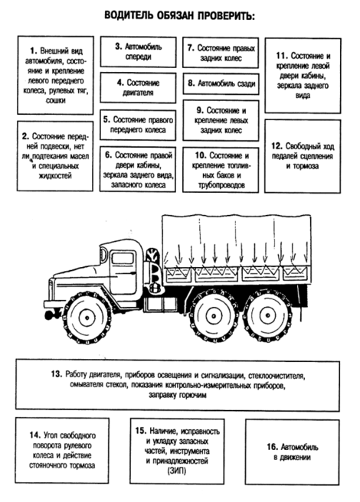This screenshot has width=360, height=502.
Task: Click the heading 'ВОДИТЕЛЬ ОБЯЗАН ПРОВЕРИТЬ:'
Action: tap(180, 15)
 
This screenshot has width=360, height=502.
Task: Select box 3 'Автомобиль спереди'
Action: tap(138, 52)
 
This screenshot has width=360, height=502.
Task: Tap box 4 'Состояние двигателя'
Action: tap(138, 88)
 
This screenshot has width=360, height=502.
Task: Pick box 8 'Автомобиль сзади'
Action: tap(221, 83)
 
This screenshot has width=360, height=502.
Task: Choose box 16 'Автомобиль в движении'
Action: tap(293, 452)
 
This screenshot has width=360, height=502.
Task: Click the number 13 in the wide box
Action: tap(56, 374)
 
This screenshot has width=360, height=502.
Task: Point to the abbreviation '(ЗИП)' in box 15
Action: tap(176, 471)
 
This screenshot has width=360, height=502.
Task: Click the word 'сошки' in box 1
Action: tap(55, 100)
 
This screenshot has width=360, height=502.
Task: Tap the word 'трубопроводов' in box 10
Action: tap(221, 185)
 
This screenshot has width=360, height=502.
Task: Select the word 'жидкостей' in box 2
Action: tap(55, 176)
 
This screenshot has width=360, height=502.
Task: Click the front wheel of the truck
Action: tap(87, 318)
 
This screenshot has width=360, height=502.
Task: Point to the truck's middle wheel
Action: tap(213, 316)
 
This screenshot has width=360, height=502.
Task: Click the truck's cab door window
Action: tap(123, 258)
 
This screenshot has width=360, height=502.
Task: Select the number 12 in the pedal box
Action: tap(277, 146)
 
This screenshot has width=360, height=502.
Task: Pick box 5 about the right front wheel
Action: tap(138, 125)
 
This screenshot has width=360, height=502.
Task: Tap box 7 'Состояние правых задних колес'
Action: tap(221, 52)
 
